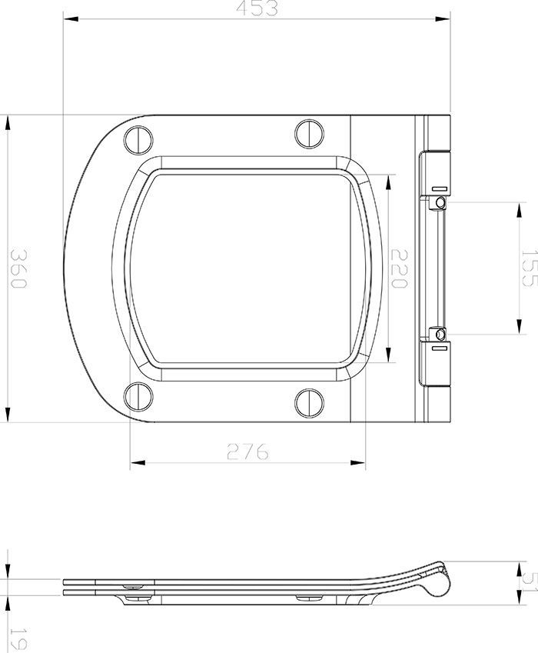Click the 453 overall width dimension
tap(257, 8)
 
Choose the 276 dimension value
tap(247, 452)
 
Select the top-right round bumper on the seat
tap(308, 132)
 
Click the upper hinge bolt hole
tap(439, 202)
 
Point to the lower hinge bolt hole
tap(439, 335)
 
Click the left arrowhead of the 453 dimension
tap(67, 20)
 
